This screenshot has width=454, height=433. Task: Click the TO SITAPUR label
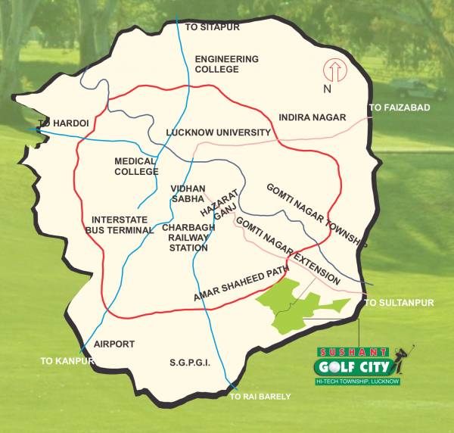[212, 26]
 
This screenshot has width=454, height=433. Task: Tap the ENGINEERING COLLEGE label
[226, 64]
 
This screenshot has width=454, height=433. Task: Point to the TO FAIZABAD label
[399, 107]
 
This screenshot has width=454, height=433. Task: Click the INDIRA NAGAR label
[312, 117]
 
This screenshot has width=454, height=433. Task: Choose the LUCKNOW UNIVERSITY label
[219, 132]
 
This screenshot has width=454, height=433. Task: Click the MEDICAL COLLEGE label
[136, 166]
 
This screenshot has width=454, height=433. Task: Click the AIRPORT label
[113, 344]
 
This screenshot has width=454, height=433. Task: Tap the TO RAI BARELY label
[260, 396]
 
